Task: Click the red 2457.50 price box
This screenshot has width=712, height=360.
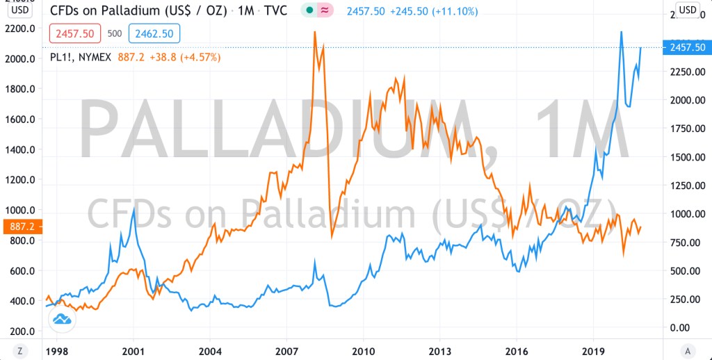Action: [76, 33]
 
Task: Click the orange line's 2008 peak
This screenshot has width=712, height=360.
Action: [315, 32]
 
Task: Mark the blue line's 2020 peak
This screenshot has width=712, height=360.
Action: [621, 32]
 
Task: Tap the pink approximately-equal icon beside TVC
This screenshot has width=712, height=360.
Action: [324, 10]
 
